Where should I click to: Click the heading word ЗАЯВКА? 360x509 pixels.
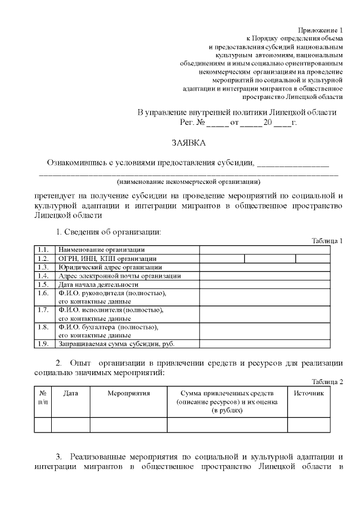188,143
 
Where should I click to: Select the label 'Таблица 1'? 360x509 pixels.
327,241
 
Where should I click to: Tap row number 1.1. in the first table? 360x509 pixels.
43,250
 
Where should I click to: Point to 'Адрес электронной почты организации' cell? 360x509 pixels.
119,276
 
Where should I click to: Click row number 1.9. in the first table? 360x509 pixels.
43,344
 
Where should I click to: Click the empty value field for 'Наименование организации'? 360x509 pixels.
264,250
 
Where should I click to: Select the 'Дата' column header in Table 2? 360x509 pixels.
71,394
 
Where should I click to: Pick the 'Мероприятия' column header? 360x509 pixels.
128,394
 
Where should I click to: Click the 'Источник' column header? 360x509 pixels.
309,394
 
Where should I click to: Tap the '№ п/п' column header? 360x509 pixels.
43,398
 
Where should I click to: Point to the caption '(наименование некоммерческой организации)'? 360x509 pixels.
188,182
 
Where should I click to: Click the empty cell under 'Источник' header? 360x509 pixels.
309,425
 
